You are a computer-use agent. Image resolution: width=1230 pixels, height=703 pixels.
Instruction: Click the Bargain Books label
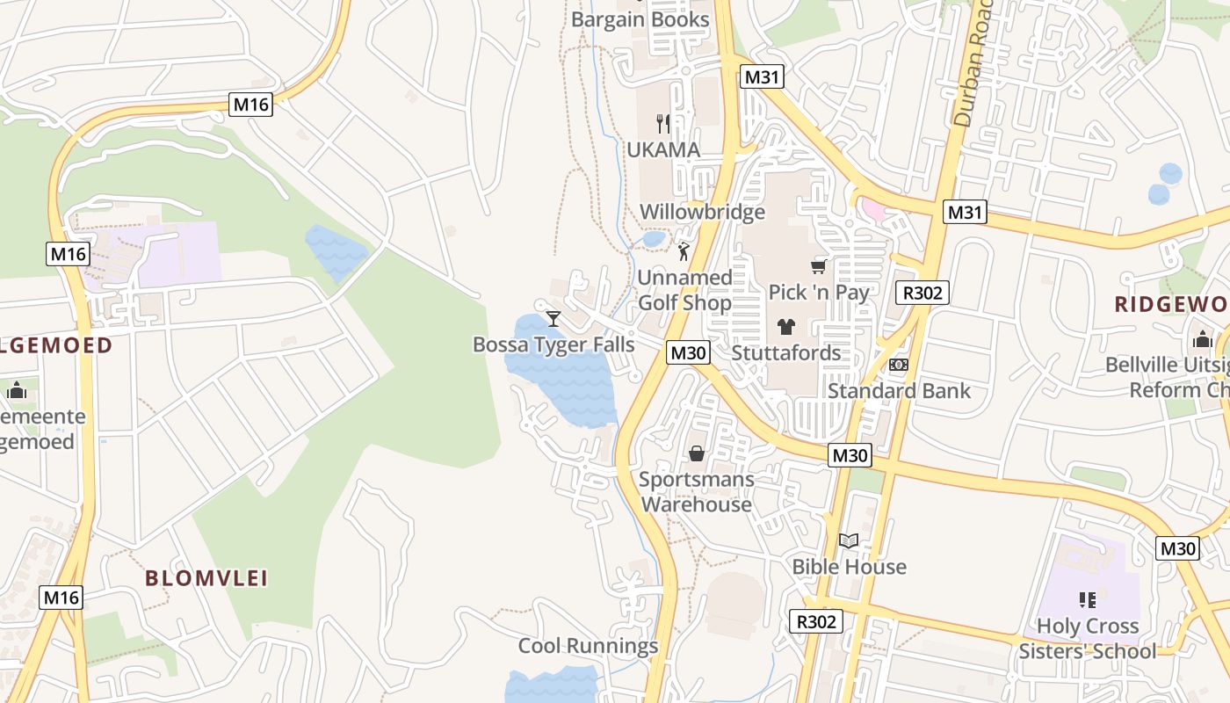click(640, 19)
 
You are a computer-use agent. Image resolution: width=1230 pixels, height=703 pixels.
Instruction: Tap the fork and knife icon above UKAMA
click(663, 124)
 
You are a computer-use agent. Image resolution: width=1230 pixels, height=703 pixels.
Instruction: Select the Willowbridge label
click(702, 212)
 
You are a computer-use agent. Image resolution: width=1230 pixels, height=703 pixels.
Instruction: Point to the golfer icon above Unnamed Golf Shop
click(684, 251)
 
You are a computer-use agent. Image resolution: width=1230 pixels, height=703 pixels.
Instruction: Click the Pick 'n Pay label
click(819, 292)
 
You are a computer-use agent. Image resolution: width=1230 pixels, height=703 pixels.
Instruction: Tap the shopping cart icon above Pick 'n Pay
click(819, 266)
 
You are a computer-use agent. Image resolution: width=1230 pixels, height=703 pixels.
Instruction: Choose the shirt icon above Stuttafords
click(785, 327)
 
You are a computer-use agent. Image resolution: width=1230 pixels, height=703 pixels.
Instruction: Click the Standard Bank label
click(899, 390)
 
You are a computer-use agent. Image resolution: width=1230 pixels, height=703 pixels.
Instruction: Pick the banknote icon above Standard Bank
click(898, 365)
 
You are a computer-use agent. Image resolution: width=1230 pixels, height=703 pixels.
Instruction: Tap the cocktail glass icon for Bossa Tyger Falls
click(553, 318)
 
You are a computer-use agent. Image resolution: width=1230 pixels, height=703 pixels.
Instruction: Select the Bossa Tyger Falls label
click(553, 344)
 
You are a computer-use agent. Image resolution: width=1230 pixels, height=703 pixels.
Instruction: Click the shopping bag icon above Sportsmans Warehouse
click(697, 453)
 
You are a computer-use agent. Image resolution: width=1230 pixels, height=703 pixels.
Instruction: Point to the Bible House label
click(849, 567)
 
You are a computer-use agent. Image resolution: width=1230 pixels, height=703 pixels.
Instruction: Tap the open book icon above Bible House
click(848, 541)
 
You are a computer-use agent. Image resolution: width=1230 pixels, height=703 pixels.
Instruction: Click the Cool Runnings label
click(588, 646)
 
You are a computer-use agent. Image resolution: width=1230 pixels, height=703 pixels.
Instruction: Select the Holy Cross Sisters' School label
click(1088, 639)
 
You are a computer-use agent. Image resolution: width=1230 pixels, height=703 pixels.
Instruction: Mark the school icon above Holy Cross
click(1088, 600)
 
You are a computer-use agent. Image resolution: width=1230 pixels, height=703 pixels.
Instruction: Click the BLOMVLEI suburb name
click(206, 578)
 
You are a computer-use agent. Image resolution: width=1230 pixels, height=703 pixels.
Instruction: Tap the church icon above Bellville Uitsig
click(1202, 339)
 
